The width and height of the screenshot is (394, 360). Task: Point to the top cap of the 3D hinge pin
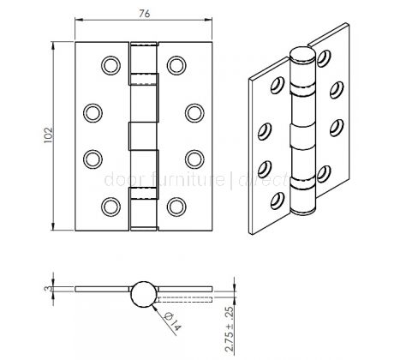coord(303,55)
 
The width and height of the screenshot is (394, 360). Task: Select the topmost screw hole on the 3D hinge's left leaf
coord(278,85)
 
